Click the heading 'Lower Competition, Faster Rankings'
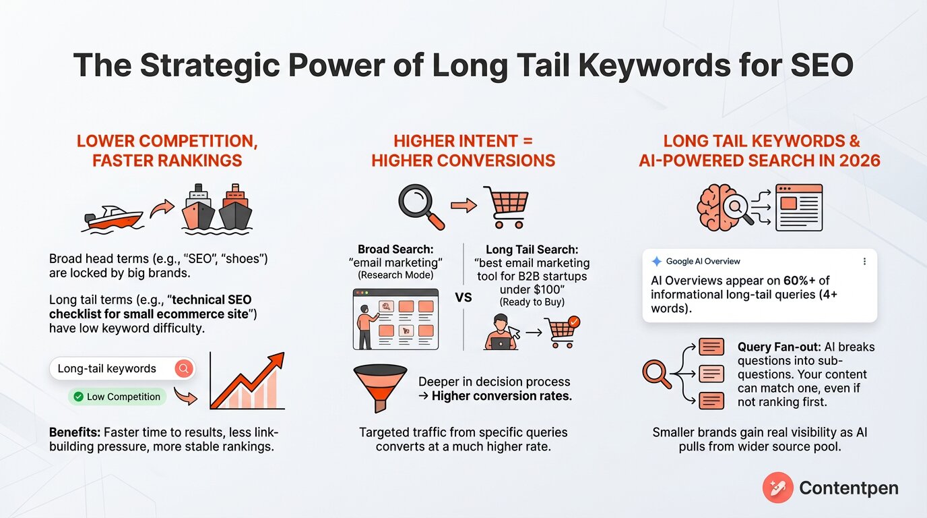coord(166,151)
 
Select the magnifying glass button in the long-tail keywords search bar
coord(183,368)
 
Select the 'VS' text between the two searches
coord(463,297)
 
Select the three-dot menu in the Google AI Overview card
coord(864,261)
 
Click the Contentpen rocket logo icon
coord(777,487)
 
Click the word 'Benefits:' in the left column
coord(75,432)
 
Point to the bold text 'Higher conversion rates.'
coord(501,396)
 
